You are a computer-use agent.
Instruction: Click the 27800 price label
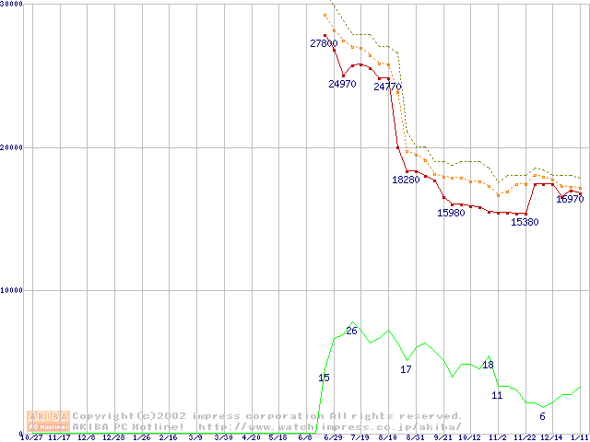pos(324,43)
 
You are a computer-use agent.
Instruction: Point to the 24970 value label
pos(342,84)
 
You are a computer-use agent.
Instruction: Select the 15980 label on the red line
pos(451,213)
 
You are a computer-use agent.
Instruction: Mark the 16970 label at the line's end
pos(570,199)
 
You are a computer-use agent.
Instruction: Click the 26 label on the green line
pos(351,331)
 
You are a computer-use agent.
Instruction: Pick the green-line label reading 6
pos(542,417)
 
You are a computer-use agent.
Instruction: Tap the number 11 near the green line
pos(497,395)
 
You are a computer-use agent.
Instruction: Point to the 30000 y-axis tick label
pos(12,5)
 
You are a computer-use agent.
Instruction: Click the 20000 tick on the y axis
pos(12,147)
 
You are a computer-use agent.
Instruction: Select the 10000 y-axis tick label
pos(12,290)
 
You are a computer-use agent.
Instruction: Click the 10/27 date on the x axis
pos(31,438)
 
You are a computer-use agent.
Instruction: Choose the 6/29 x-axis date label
pos(334,438)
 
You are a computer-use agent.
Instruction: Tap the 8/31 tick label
pos(416,438)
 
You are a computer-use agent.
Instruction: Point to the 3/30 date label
pos(223,438)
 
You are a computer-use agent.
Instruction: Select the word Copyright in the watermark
pos(102,416)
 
